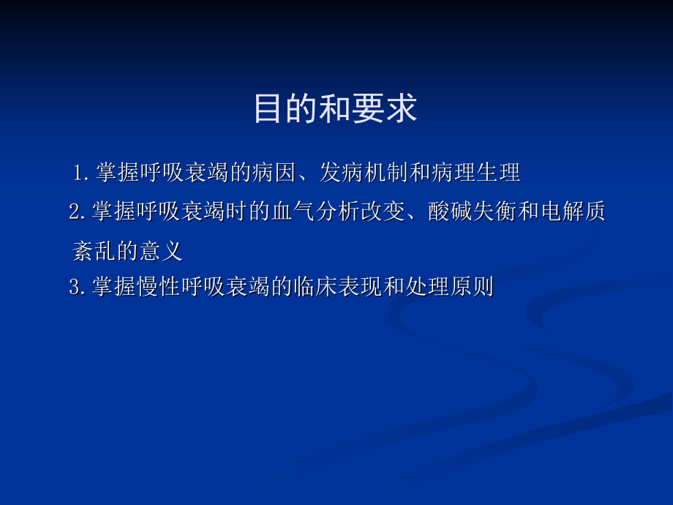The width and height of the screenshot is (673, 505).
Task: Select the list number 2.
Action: click(76, 213)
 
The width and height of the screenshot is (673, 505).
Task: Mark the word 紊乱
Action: click(95, 252)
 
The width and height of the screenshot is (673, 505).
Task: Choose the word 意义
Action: click(160, 252)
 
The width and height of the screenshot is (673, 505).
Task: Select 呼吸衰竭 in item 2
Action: click(181, 213)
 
